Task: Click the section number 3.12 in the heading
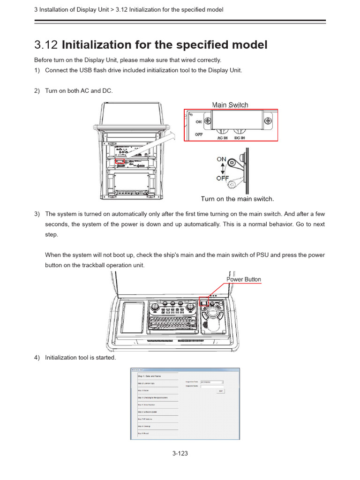(x=46, y=45)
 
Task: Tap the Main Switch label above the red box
(x=230, y=105)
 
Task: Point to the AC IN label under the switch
(x=223, y=138)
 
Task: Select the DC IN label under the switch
(x=240, y=138)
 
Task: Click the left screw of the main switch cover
(x=202, y=120)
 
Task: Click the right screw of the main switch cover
(x=268, y=120)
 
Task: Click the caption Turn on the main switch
(x=237, y=199)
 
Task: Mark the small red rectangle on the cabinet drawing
(x=120, y=161)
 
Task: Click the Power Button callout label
(x=244, y=279)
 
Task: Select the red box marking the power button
(x=203, y=301)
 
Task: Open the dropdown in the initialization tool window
(x=211, y=382)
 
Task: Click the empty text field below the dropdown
(x=211, y=386)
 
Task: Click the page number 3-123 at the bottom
(x=180, y=453)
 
